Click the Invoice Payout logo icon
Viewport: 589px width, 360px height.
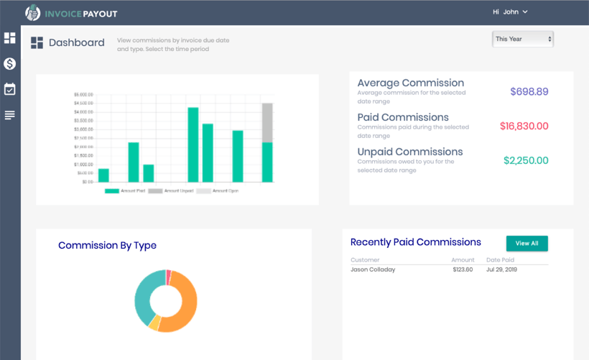33,12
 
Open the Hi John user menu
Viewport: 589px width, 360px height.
510,12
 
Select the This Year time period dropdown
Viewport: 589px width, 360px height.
522,39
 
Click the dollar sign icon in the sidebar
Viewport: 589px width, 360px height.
9,64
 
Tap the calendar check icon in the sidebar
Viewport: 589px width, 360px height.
9,89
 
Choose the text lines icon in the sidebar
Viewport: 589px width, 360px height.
9,115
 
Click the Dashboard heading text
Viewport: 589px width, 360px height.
76,43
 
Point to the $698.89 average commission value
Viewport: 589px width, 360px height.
529,91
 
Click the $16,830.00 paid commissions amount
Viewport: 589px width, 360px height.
524,126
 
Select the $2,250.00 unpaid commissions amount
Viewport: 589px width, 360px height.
526,160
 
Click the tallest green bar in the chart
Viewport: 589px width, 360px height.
193,145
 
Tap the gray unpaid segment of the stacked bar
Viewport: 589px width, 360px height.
267,123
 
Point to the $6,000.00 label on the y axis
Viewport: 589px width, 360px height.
83,95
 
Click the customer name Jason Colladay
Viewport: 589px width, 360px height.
373,269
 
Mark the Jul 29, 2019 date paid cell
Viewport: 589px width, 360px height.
501,269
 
